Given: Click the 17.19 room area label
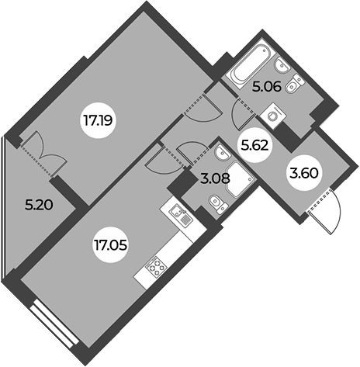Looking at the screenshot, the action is click(98, 120).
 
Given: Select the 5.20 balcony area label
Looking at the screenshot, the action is click(39, 205).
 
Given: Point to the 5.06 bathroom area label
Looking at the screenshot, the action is click(267, 87).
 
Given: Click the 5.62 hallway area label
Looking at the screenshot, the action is click(254, 146).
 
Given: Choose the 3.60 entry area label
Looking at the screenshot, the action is click(303, 173).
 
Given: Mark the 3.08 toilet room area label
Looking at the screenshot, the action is click(215, 178).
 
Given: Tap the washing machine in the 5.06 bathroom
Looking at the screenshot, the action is click(273, 116).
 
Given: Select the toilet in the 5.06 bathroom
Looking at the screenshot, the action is click(296, 83).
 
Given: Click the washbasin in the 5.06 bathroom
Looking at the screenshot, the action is click(282, 65).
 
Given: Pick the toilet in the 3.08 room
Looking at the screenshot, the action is click(219, 203).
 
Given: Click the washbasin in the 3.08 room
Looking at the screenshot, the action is click(222, 153).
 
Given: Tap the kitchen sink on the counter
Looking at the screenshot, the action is click(181, 214).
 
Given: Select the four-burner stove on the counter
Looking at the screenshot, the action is click(156, 266).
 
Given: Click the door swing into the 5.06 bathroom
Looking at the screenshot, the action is click(244, 115).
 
